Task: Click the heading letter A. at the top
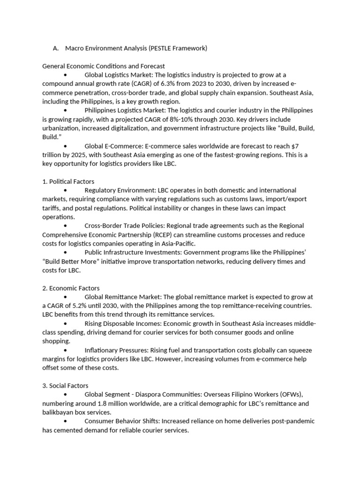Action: click(x=56, y=48)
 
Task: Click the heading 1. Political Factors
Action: click(x=68, y=181)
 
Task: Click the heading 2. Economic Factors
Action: click(x=71, y=288)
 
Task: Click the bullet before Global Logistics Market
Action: click(x=65, y=75)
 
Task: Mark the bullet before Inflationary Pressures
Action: click(x=65, y=351)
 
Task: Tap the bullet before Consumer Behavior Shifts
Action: click(x=65, y=421)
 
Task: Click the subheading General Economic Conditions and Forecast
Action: click(x=104, y=66)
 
